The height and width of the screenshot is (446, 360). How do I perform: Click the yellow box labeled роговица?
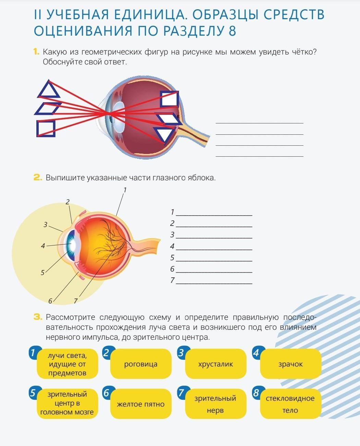click(x=141, y=364)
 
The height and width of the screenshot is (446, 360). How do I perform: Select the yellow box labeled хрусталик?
click(x=216, y=364)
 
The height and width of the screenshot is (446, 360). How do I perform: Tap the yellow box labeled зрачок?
click(x=291, y=364)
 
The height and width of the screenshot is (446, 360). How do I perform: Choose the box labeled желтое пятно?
click(x=141, y=404)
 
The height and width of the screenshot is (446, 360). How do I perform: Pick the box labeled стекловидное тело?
click(x=291, y=404)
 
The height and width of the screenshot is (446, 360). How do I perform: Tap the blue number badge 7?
click(x=182, y=393)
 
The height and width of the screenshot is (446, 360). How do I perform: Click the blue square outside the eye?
click(x=46, y=129)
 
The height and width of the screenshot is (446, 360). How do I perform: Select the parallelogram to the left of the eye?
click(x=48, y=109)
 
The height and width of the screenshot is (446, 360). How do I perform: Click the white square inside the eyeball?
click(x=169, y=99)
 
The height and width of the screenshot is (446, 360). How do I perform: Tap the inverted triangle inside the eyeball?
click(x=164, y=135)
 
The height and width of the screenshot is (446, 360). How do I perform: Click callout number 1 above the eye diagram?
click(x=125, y=190)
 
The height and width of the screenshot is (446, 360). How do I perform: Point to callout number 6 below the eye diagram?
click(x=50, y=301)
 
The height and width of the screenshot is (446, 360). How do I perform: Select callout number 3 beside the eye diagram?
click(x=46, y=225)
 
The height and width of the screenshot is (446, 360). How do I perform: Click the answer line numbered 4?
click(x=214, y=250)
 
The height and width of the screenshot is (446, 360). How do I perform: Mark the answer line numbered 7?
click(x=214, y=284)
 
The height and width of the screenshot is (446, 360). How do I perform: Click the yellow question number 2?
click(x=38, y=178)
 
